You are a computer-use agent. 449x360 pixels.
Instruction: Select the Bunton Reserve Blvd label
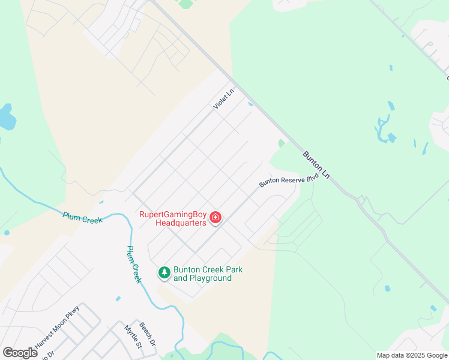(288, 181)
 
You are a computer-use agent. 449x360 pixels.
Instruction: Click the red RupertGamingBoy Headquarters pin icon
(215, 217)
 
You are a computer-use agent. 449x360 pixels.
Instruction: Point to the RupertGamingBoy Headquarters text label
(173, 218)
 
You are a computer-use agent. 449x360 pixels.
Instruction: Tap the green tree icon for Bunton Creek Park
(164, 273)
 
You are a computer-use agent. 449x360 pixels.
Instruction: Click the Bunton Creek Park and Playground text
(208, 274)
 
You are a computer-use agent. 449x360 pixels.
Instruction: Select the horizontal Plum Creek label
(82, 217)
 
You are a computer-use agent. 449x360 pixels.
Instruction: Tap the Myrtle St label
(132, 337)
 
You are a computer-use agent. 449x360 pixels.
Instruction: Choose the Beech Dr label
(148, 334)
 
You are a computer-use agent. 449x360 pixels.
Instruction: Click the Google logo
(20, 353)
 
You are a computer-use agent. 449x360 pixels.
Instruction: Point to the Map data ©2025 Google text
(412, 355)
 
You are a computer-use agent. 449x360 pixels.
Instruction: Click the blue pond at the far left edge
(5, 118)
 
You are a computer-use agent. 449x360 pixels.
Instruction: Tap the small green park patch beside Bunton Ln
(282, 143)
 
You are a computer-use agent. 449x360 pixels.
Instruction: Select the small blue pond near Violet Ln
(250, 103)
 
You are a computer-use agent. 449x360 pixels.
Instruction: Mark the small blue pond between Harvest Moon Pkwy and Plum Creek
(118, 298)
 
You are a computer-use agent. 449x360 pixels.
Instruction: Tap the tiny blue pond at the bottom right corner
(433, 308)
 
